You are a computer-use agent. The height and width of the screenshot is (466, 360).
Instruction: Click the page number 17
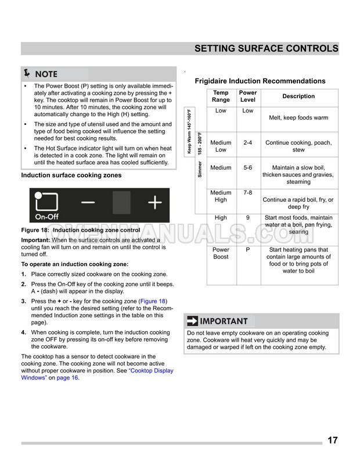pos(332,440)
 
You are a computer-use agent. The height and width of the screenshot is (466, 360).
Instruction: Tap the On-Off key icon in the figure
pos(46,205)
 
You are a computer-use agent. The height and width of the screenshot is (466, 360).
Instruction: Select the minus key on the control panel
pos(89,203)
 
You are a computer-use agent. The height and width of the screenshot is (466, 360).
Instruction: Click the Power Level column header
pos(248,96)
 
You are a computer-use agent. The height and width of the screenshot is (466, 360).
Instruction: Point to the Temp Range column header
pos(221,96)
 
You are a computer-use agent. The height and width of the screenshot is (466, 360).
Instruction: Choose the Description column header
pos(298,96)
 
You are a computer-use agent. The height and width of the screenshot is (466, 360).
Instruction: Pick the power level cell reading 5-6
pos(248,168)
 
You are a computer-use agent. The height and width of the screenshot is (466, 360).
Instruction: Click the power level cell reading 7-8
pos(248,192)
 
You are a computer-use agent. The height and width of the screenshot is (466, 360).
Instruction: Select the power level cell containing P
pos(248,250)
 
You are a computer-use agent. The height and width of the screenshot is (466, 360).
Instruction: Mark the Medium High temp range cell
pos(221,196)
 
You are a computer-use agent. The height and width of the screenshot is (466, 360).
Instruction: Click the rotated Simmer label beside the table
pos(200,169)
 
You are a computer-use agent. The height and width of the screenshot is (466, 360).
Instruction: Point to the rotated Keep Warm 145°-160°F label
pos(189,131)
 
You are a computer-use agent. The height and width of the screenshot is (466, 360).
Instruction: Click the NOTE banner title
pos(46,74)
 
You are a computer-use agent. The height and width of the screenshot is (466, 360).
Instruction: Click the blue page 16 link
pos(67,378)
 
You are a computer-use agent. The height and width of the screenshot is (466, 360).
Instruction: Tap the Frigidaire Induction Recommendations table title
pos(260,81)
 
